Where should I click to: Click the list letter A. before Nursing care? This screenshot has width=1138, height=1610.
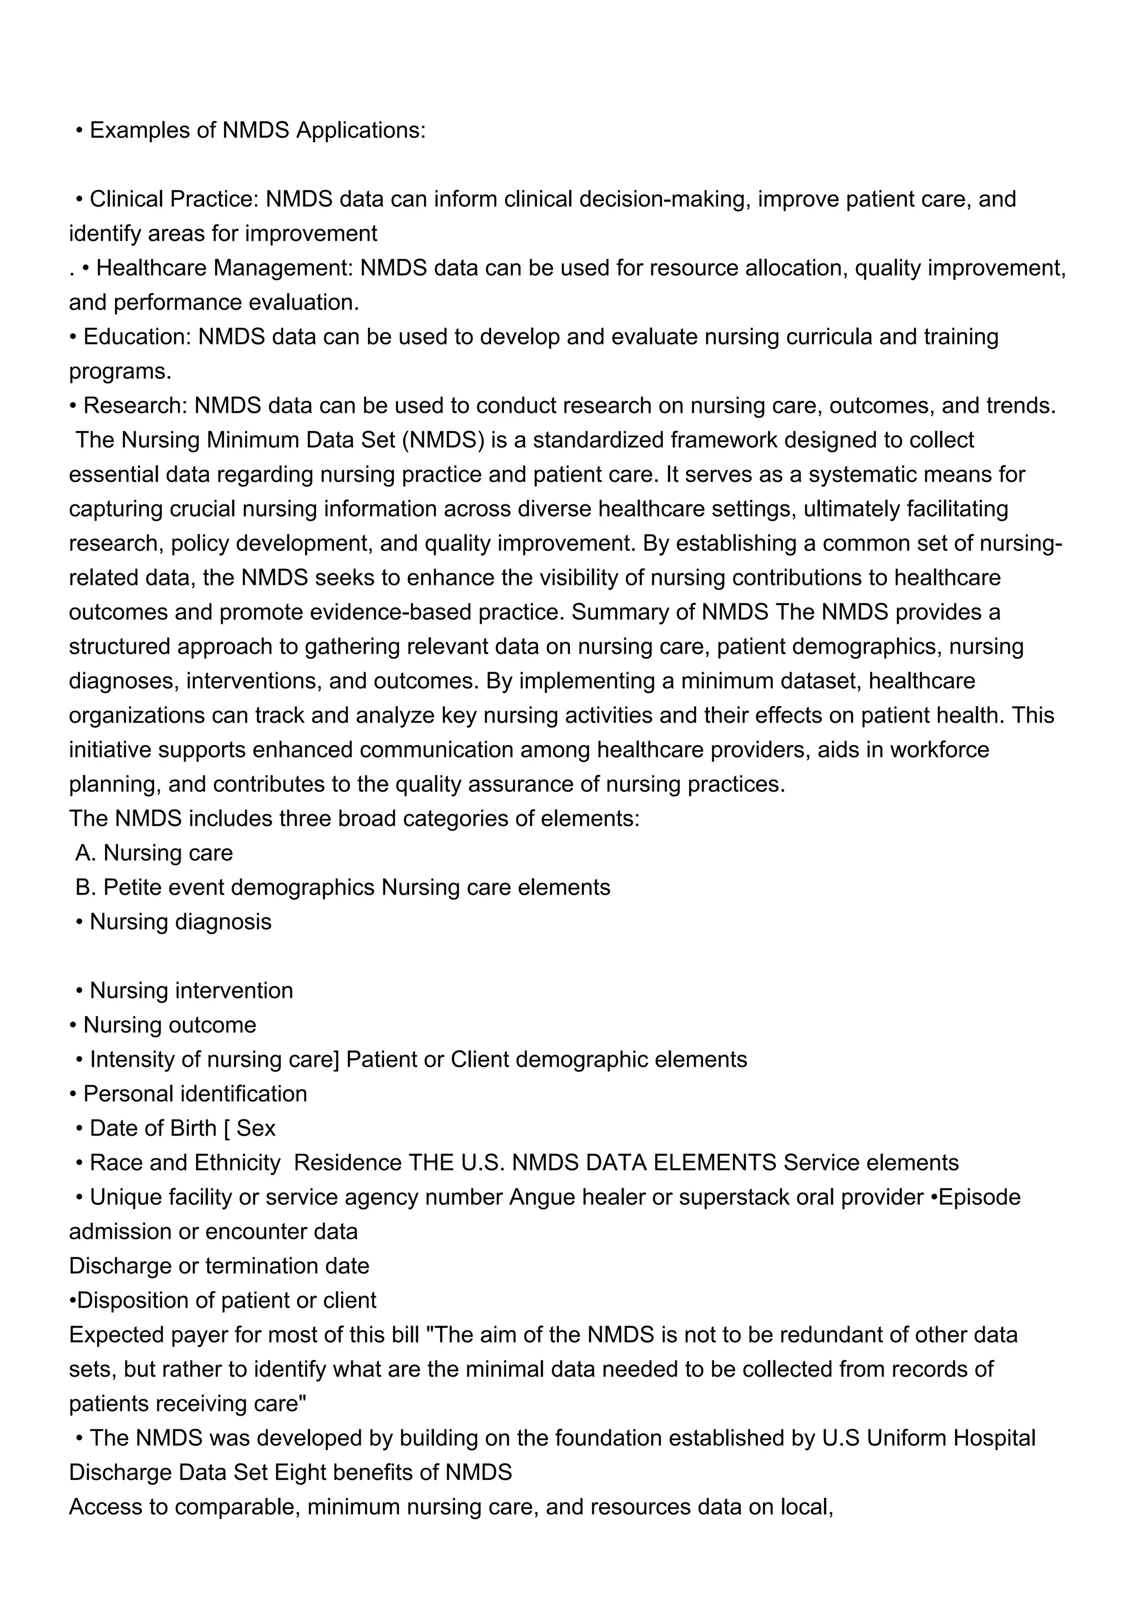[86, 853]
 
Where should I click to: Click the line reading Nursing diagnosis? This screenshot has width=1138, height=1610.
[180, 922]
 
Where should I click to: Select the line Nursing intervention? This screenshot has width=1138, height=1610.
[191, 990]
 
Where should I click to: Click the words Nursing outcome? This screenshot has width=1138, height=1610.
[169, 1024]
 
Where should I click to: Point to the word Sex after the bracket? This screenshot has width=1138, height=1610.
[256, 1128]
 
